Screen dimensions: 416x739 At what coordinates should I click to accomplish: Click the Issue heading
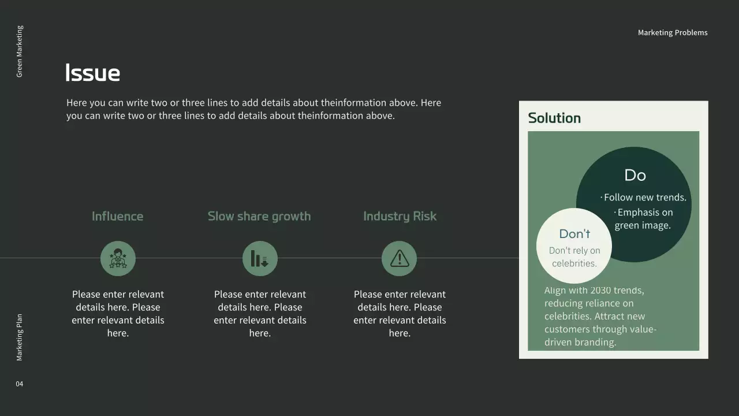coord(93,73)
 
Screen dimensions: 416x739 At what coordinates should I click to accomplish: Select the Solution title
coord(554,118)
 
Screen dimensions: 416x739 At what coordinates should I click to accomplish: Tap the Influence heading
coord(117,216)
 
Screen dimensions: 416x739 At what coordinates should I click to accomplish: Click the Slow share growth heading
coord(259,216)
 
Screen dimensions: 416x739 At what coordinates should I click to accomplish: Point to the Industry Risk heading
coord(400,216)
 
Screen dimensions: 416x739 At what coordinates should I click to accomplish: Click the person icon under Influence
coord(118,258)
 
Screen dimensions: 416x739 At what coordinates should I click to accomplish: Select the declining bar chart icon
coord(260,258)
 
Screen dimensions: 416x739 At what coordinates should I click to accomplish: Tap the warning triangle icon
coord(399,258)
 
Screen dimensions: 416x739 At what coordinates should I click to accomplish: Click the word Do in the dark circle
coord(635,175)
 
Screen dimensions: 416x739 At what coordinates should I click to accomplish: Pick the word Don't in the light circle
coord(574,233)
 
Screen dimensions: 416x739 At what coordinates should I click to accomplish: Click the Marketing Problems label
coord(673,33)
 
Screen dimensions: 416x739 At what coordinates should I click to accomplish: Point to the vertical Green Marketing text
coord(20,51)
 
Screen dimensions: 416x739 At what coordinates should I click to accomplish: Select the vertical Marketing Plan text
coord(20,337)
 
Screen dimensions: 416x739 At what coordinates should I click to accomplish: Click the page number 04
coord(20,384)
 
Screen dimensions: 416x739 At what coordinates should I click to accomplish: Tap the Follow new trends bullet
coord(644,198)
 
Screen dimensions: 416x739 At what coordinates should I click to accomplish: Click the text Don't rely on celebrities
coord(574,257)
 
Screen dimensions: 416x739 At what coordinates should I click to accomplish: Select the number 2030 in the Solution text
coord(600,290)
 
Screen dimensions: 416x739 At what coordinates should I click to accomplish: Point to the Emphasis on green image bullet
coord(643,219)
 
